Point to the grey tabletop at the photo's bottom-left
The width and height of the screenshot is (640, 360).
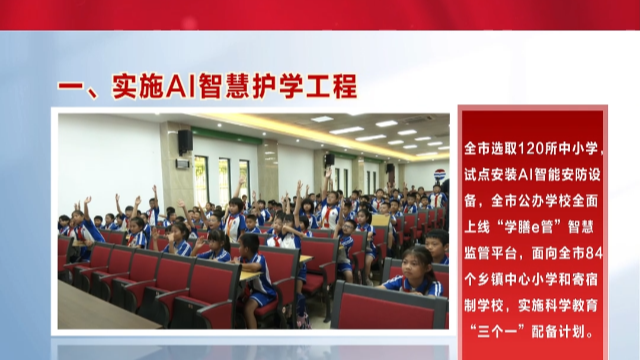tap(90, 310)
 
